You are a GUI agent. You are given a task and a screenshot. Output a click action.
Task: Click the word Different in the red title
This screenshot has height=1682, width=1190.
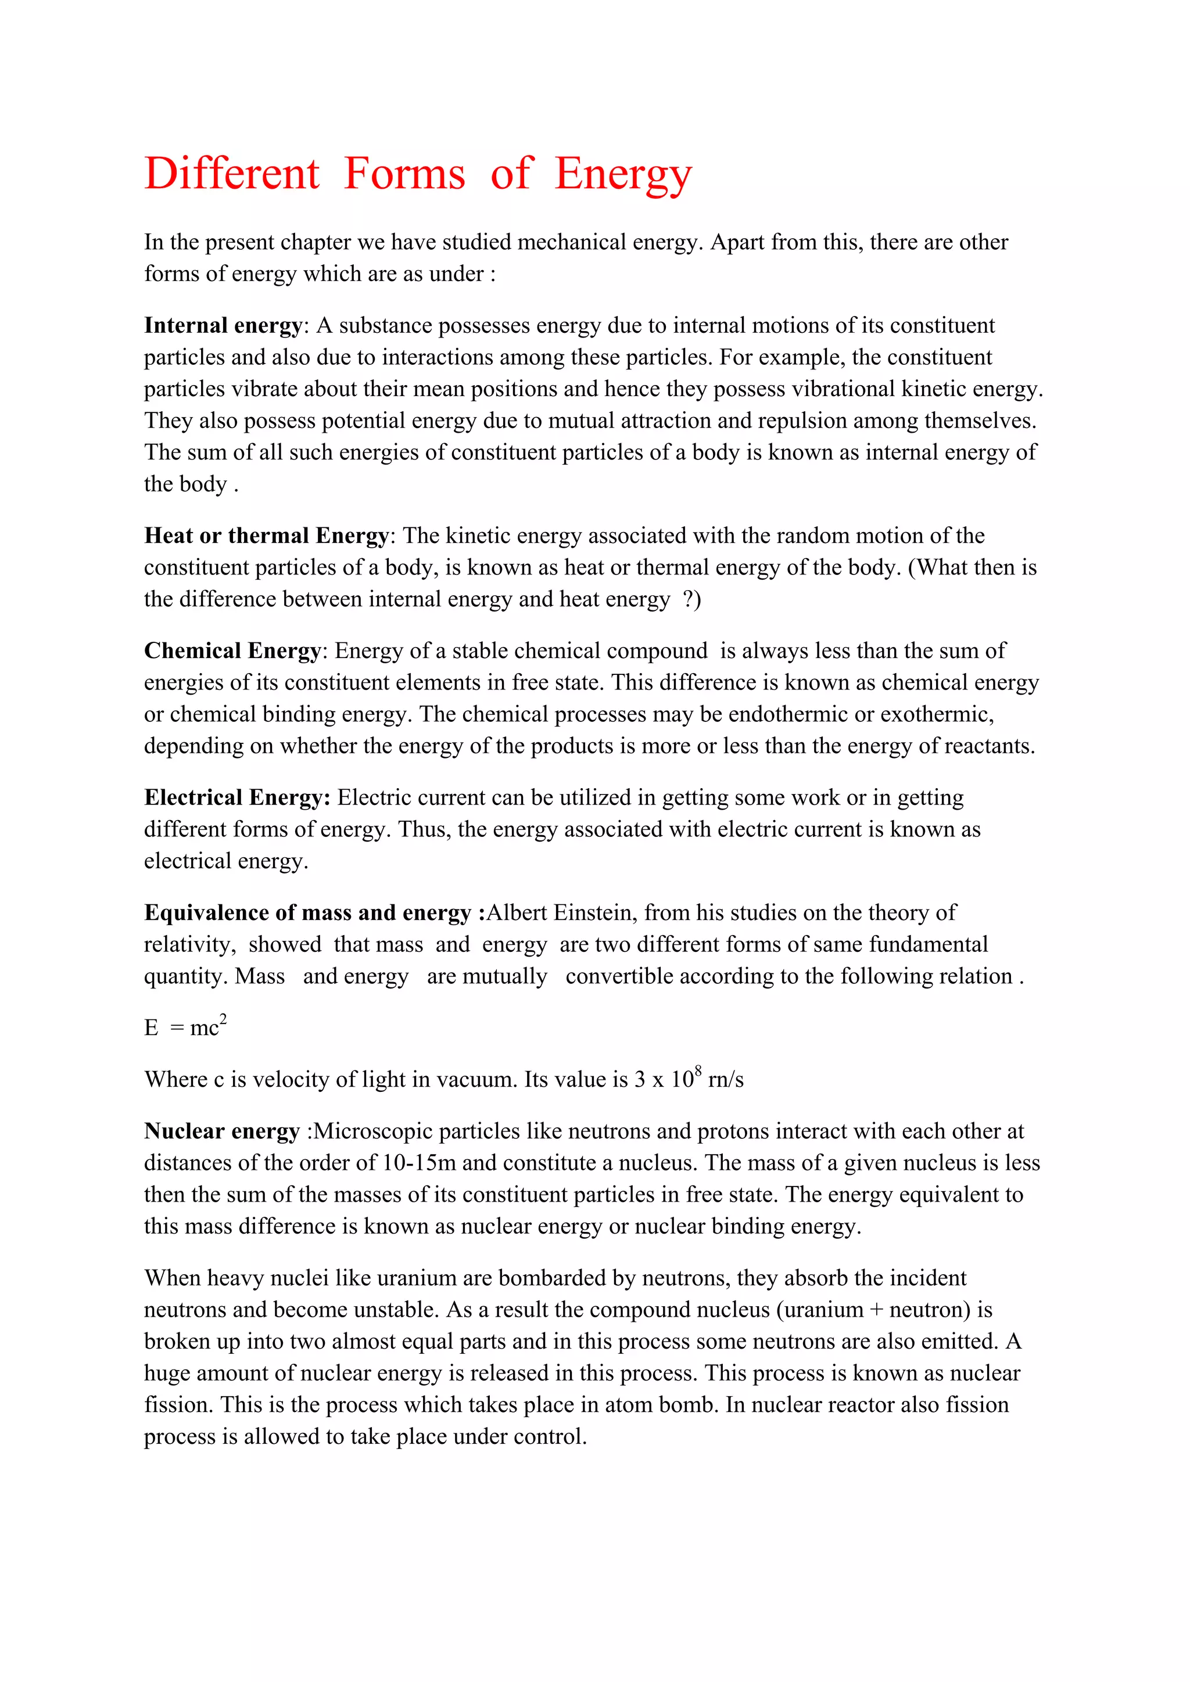[x=232, y=174]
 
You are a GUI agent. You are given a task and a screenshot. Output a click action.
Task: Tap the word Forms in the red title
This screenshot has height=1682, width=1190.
[x=404, y=174]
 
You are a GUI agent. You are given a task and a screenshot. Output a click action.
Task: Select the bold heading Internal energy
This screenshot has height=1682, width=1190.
[x=223, y=325]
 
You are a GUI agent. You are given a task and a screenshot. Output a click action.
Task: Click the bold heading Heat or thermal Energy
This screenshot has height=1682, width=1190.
[x=266, y=535]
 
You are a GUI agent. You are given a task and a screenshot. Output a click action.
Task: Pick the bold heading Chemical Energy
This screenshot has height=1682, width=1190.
[x=232, y=650]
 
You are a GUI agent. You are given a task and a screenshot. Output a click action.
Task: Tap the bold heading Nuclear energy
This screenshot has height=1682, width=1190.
[x=222, y=1131]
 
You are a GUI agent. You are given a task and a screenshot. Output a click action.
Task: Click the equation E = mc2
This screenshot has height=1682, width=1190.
[x=185, y=1027]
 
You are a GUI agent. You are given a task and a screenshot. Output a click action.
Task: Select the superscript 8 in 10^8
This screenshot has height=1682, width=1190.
[x=698, y=1072]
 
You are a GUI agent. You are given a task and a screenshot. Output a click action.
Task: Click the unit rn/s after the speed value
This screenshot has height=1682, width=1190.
[x=725, y=1080]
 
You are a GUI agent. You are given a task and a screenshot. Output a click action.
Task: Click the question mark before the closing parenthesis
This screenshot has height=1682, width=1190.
[x=688, y=599]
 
